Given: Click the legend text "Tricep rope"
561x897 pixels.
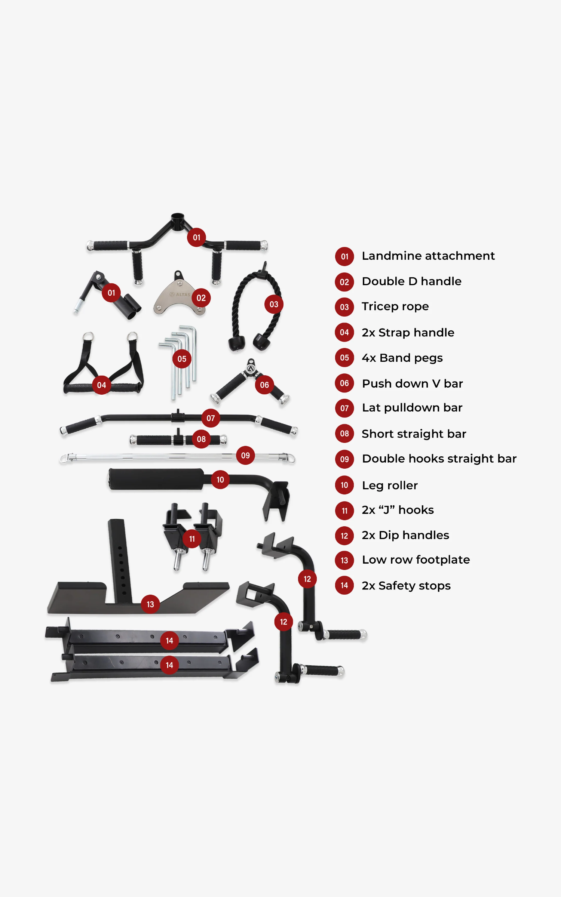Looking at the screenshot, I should (x=395, y=306).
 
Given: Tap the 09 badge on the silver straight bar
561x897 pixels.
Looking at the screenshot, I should (x=245, y=455).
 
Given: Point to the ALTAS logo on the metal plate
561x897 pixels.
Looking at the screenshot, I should (x=181, y=295).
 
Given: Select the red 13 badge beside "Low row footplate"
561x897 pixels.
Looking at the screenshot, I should (x=344, y=560).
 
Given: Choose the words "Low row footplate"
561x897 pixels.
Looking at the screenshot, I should (x=416, y=560).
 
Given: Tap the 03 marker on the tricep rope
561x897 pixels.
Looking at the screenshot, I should (x=274, y=304).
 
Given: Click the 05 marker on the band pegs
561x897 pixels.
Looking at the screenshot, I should (x=182, y=359).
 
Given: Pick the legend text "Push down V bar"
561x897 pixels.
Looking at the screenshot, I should (x=412, y=383).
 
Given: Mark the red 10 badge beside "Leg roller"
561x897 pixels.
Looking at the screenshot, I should (x=344, y=485).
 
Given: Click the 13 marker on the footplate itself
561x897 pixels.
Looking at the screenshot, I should (x=150, y=604).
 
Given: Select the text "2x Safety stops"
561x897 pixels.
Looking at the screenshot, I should (x=406, y=586).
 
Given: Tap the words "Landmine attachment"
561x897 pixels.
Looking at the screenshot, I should (x=428, y=256).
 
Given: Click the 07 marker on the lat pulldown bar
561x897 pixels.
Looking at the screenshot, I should (x=211, y=418).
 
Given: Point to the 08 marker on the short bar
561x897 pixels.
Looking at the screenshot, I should (x=201, y=439).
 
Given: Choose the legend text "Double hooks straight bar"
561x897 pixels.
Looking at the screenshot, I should (x=439, y=459).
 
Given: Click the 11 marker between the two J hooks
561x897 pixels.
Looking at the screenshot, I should (x=192, y=539).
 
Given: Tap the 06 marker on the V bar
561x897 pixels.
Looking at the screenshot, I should (x=264, y=385).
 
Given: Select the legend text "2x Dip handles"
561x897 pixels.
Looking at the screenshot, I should (x=405, y=535).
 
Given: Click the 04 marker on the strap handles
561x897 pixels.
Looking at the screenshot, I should (x=101, y=385).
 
